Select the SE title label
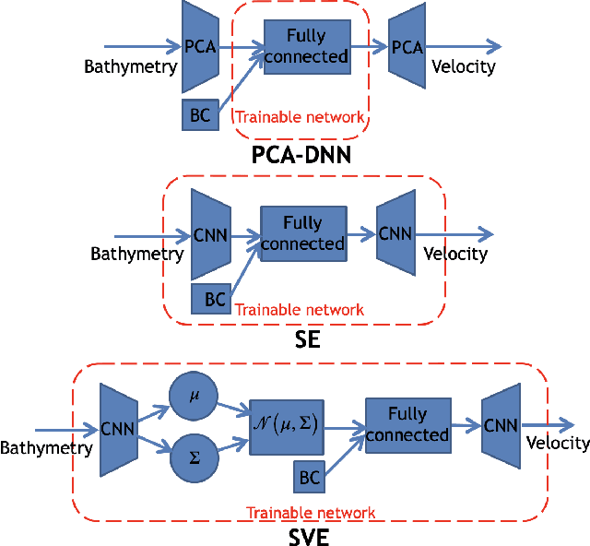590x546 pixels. coord(307,339)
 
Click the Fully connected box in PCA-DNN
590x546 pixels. coord(307,46)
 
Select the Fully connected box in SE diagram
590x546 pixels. coord(301,233)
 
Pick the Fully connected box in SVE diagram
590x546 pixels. coord(407,425)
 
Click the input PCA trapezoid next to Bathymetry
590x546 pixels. coord(200,45)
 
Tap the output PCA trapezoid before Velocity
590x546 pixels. coord(407,46)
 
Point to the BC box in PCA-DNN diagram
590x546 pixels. coord(198,114)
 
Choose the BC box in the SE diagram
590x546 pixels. coord(214,299)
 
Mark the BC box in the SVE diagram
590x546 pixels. coord(311,479)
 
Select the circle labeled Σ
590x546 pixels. coord(194,456)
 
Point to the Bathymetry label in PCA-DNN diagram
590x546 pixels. coord(130,66)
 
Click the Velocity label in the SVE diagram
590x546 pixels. coord(558,444)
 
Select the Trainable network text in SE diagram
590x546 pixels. coord(300,310)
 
